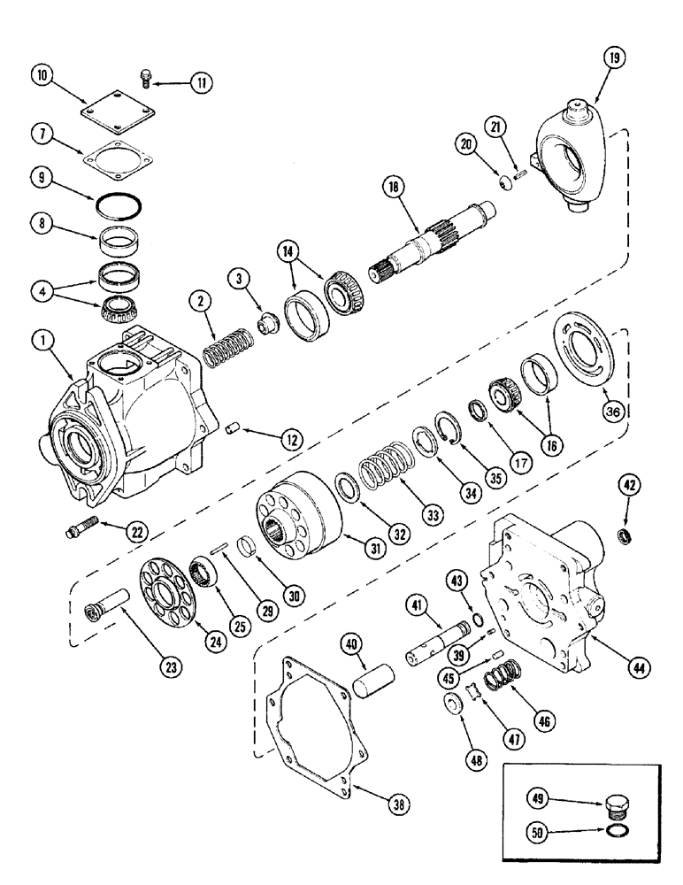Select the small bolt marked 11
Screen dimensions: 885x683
pyautogui.click(x=147, y=82)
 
